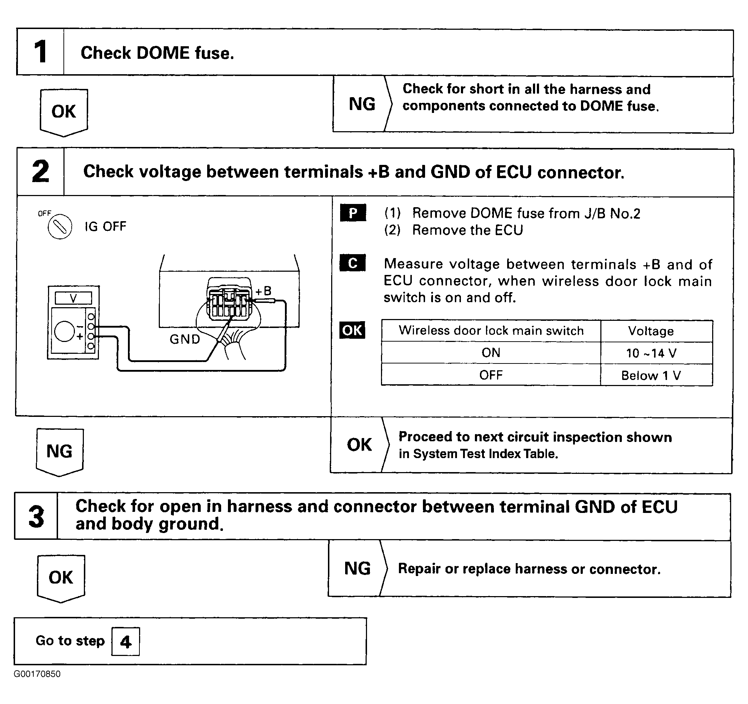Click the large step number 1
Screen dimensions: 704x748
(40, 52)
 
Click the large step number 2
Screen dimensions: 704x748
(40, 172)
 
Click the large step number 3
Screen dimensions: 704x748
(37, 517)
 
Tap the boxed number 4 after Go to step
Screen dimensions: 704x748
(126, 642)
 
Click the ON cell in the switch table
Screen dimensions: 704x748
(491, 353)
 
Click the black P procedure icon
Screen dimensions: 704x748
(353, 213)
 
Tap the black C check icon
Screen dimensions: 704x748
(353, 263)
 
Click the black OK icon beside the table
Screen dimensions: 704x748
(352, 330)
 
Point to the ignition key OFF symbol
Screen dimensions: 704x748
(60, 227)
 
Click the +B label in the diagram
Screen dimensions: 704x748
(263, 291)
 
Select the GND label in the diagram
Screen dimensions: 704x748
(185, 339)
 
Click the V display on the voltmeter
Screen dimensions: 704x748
(73, 298)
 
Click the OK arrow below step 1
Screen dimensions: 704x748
(64, 112)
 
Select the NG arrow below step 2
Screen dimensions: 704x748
(59, 451)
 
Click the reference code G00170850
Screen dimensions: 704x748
(37, 674)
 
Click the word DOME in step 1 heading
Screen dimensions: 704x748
(163, 53)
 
